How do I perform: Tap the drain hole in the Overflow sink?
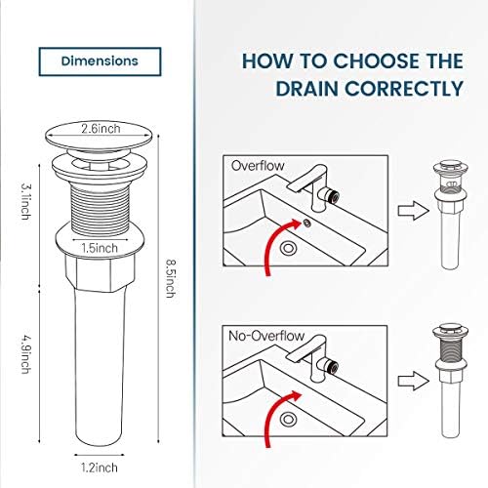[289, 249]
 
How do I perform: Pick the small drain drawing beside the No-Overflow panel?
[450, 381]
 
